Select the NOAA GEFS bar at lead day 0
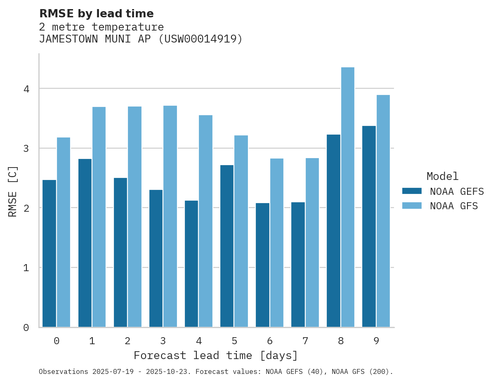[x=49, y=253]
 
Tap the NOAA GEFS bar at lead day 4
[x=191, y=264]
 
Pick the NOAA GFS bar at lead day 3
[x=170, y=216]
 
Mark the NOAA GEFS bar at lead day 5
[x=227, y=246]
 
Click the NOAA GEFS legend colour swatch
[x=412, y=191]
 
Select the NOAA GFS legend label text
[x=454, y=206]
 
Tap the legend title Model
[x=442, y=177]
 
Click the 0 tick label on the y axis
[x=26, y=328]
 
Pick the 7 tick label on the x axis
[x=305, y=341]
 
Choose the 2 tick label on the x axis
[x=127, y=341]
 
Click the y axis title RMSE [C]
[x=13, y=191]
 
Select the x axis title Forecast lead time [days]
[x=215, y=355]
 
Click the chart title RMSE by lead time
[x=97, y=14]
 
